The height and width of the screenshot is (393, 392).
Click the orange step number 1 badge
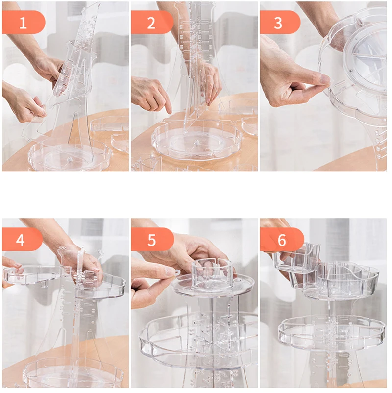coord(24,23)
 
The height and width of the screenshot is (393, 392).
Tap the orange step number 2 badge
coord(152,23)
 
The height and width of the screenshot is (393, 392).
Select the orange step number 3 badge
coord(280,23)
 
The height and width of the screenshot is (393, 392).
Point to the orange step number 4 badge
coord(22,239)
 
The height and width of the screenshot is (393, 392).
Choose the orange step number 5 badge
coord(152,239)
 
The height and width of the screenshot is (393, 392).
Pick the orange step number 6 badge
coord(282,239)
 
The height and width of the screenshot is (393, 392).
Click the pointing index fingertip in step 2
coord(170,111)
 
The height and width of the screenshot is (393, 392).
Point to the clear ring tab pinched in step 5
coord(177,273)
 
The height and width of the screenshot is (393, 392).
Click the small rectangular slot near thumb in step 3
coord(340,83)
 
